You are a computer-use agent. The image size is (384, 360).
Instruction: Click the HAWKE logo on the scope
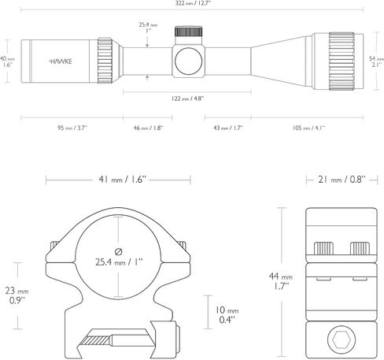point(61,61)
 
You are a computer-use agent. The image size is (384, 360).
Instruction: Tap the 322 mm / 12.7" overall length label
point(193,3)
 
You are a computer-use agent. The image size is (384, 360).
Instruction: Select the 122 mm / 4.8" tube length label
point(187,98)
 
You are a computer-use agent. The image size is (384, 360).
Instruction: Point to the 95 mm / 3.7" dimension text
point(72,128)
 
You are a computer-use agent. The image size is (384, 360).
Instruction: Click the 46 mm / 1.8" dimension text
point(148,128)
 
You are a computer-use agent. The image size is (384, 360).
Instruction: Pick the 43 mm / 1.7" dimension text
point(228,128)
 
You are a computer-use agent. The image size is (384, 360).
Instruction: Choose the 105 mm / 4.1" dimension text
point(308,128)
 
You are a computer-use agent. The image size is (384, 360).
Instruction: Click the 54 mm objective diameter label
point(376,61)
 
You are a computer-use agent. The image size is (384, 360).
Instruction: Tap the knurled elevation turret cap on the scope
point(189,32)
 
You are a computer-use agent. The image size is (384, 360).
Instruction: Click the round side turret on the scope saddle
point(189,61)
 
